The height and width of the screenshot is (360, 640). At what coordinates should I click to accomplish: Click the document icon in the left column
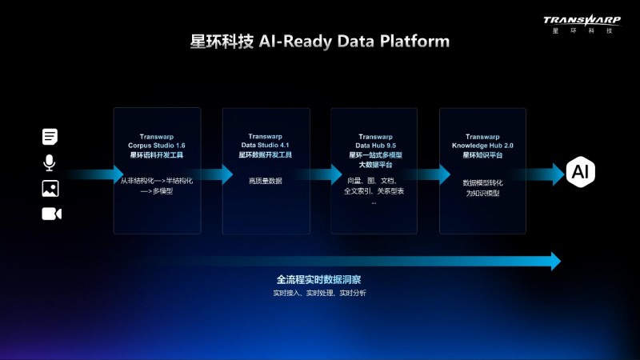pyautogui.click(x=50, y=137)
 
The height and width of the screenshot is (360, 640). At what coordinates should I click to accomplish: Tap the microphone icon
pyautogui.click(x=50, y=162)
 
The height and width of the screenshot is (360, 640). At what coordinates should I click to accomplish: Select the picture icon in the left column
pyautogui.click(x=50, y=188)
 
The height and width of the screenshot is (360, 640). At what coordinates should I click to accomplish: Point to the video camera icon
pyautogui.click(x=51, y=214)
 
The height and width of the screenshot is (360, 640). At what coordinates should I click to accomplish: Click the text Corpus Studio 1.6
pyautogui.click(x=157, y=145)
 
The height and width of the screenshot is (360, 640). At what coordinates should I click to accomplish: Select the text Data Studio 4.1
pyautogui.click(x=266, y=145)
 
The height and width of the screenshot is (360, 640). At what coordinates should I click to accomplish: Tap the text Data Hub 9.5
pyautogui.click(x=374, y=145)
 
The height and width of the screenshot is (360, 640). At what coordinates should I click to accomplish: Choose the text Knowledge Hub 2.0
pyautogui.click(x=482, y=145)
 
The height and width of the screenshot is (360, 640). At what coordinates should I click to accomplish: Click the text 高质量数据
pyautogui.click(x=266, y=182)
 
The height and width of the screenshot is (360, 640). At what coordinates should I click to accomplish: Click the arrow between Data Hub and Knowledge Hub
pyautogui.click(x=429, y=174)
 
